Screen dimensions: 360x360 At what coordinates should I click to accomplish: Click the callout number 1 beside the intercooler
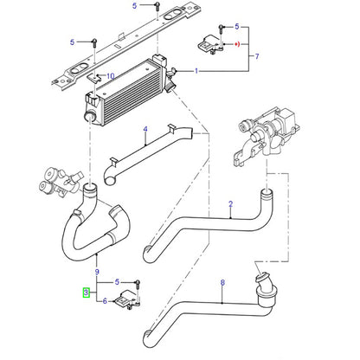coord(197,70)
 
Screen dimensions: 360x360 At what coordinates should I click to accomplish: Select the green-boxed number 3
coord(85,292)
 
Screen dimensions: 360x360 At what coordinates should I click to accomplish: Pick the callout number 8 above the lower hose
coord(222,282)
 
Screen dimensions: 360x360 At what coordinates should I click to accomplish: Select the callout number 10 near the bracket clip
coord(110,76)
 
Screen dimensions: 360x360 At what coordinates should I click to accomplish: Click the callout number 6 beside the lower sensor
coord(105,302)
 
